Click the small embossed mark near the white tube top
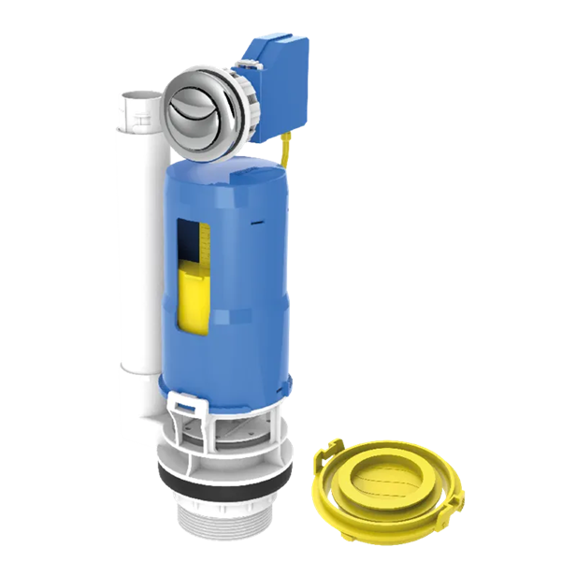click(141, 122)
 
